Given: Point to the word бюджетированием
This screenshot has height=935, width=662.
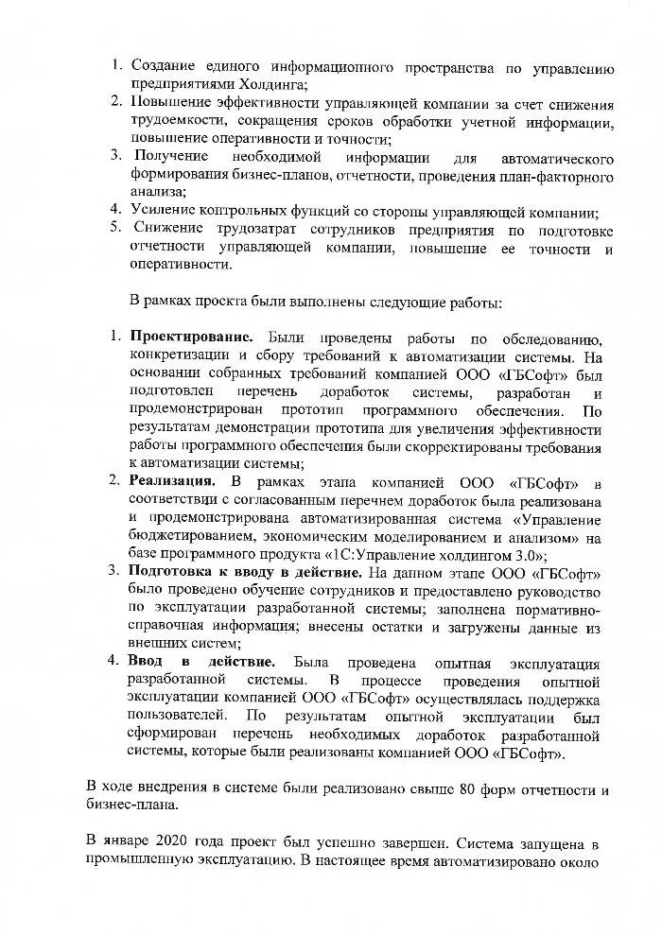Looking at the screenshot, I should pos(192,538).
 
